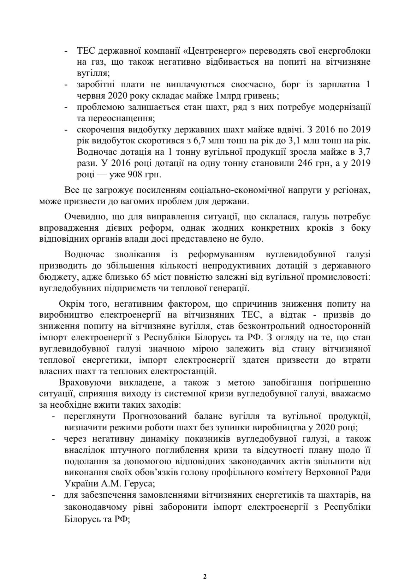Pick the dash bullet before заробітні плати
pos(66,85)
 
